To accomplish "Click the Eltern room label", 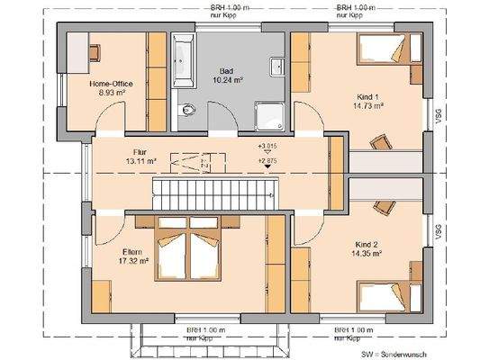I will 132,252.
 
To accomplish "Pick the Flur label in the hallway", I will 139,153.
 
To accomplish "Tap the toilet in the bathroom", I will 186,110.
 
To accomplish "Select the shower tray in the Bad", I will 267,113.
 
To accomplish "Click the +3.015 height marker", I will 267,146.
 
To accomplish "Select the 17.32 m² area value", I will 132,261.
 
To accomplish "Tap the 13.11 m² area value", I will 139,162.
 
